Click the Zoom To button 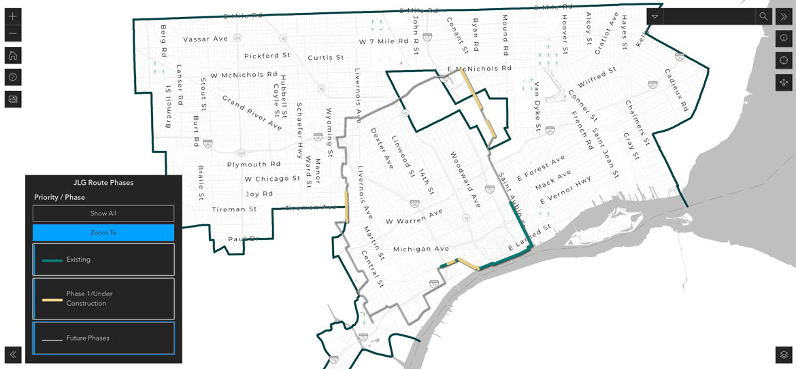[x=103, y=232]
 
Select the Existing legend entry [x=103, y=260]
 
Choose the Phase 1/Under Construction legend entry [x=103, y=298]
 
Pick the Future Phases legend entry [x=103, y=338]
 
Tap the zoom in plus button [x=13, y=16]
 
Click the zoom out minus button [x=13, y=34]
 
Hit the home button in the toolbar [x=13, y=56]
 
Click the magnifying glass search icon [x=763, y=16]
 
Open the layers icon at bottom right [x=784, y=355]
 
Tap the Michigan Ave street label [x=421, y=249]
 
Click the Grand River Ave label [x=252, y=112]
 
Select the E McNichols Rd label [x=480, y=69]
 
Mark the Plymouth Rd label [x=254, y=164]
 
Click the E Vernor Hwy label [x=565, y=191]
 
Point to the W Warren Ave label [x=414, y=217]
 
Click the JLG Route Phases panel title [x=103, y=183]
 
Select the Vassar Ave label [x=205, y=39]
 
